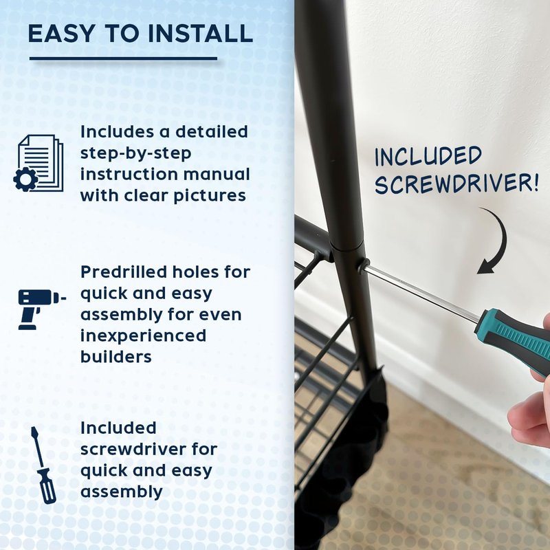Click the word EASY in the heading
click(x=61, y=34)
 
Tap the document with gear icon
click(x=38, y=163)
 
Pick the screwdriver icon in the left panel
click(x=43, y=465)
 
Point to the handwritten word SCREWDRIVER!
click(x=456, y=183)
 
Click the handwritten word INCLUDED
click(x=428, y=157)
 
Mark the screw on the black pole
click(x=363, y=265)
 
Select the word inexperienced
click(x=143, y=335)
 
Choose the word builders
click(x=116, y=357)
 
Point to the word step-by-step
click(x=135, y=153)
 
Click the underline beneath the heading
click(x=124, y=58)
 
